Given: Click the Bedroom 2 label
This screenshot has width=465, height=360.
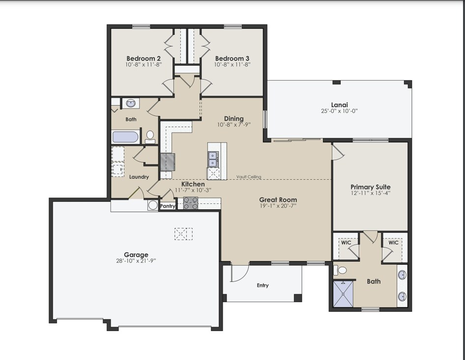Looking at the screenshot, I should coord(143,58).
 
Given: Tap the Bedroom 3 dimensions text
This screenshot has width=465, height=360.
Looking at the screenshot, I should coord(232,64).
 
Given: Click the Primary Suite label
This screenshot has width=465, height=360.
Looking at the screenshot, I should coord(370,187).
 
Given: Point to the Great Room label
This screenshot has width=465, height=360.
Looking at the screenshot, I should coord(278,200).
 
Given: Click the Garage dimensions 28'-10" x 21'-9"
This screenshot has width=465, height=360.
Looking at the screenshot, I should coord(136,261).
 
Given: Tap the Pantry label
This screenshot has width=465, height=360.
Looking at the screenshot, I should coord(168,206).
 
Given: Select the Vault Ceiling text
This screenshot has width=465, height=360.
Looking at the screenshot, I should coord(248,177).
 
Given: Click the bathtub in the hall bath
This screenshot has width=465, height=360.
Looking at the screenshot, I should coord(125,137).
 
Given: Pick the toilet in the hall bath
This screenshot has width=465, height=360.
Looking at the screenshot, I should coord(150,136).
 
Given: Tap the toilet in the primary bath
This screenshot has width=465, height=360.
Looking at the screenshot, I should coord(341,270).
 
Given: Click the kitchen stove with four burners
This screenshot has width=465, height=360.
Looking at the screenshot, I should coord(190,203).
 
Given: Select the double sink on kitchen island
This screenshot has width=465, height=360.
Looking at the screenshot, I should coord(213,159).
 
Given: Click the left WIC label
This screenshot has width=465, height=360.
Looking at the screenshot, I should coord(346,243).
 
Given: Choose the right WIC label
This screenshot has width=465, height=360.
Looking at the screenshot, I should coord(393,243).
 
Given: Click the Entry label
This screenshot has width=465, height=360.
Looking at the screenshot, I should coord(263,285).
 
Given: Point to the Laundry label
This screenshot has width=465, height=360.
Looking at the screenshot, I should coord(139,177).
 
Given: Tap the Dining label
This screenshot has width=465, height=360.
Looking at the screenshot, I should coord(233,118).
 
